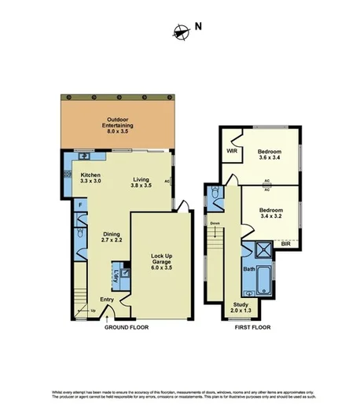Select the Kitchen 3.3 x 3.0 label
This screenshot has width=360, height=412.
(x=90, y=178)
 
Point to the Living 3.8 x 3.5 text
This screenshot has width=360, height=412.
(x=141, y=182)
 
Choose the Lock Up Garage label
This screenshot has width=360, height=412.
(x=161, y=259)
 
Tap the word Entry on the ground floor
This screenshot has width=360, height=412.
(x=106, y=300)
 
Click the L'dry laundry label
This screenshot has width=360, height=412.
(x=116, y=276)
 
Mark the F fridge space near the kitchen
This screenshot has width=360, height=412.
(x=79, y=206)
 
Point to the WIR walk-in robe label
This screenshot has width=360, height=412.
(x=232, y=150)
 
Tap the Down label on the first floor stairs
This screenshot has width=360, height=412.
(x=215, y=223)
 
